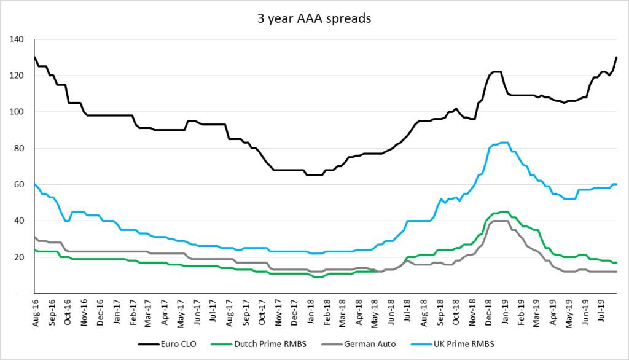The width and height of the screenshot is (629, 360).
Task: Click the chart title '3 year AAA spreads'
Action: pos(314,18)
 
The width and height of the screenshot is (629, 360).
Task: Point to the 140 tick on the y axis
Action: pos(17,39)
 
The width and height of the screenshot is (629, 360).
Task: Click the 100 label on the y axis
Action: pos(17,112)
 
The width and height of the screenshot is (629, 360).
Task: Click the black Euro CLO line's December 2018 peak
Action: pos(496,72)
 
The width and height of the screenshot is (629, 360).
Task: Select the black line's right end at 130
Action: pos(616,58)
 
